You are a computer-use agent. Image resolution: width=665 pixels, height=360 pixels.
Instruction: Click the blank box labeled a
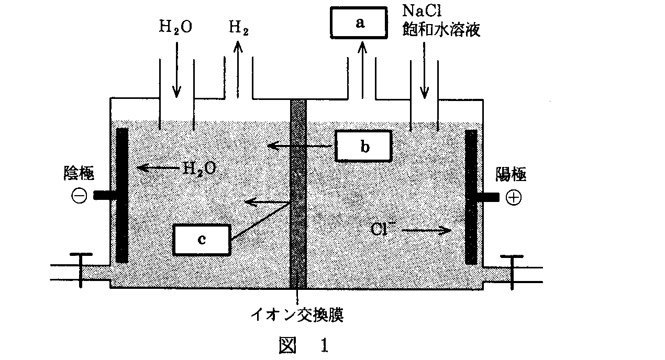359,24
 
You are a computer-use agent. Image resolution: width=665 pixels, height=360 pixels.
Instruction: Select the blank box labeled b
364,147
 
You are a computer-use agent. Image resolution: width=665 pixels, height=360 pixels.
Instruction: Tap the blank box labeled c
202,240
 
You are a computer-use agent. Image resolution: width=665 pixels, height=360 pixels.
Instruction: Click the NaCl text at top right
423,10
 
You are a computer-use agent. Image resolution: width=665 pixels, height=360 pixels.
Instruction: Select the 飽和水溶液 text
441,29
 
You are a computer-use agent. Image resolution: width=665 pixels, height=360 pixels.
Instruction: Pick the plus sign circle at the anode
514,197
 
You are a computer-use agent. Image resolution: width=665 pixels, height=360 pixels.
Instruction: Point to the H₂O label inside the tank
199,168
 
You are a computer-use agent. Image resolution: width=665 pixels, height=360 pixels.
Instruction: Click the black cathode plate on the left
122,195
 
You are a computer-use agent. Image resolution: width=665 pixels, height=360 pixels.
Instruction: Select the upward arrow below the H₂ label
238,68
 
